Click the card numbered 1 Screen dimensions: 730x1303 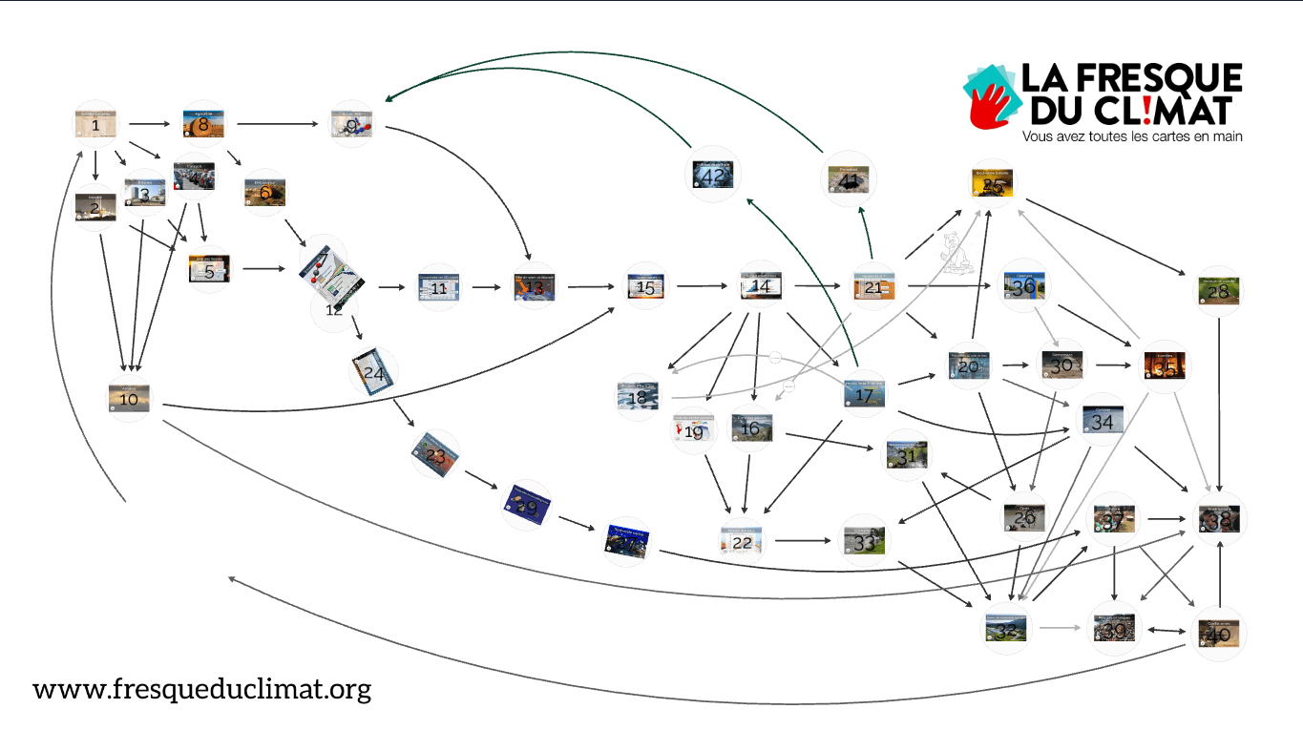pyautogui.click(x=96, y=124)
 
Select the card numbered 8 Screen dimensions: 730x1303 pyautogui.click(x=203, y=124)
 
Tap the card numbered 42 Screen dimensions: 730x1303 pyautogui.click(x=712, y=175)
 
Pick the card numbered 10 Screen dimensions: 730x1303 pyautogui.click(x=129, y=400)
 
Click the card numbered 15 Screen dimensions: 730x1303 pyautogui.click(x=646, y=286)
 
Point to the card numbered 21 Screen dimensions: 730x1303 pyautogui.click(x=873, y=286)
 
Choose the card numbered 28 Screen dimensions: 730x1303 pyautogui.click(x=1219, y=290)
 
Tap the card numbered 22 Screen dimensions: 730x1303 pyautogui.click(x=742, y=541)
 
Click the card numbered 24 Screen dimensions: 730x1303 pyautogui.click(x=373, y=373)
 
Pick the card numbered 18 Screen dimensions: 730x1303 pyautogui.click(x=638, y=397)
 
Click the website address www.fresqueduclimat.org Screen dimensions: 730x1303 pyautogui.click(x=201, y=689)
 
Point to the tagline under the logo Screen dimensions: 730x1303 pyautogui.click(x=1131, y=136)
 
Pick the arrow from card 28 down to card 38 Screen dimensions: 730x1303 pyautogui.click(x=1220, y=401)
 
